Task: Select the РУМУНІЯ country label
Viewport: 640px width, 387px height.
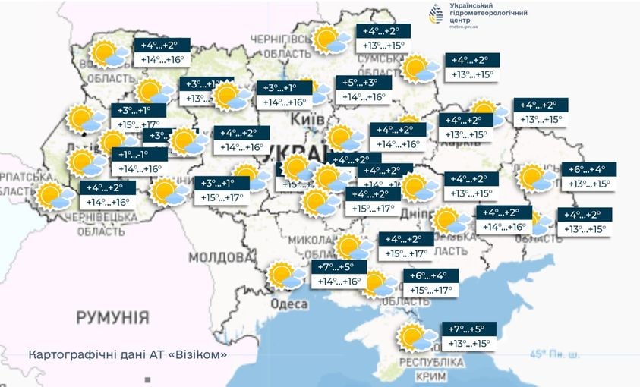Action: [x=112, y=316]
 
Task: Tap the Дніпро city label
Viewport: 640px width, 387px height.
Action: [x=415, y=214]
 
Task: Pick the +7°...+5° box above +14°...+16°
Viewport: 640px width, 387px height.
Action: [x=339, y=266]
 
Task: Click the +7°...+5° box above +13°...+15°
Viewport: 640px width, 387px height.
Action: [x=468, y=329]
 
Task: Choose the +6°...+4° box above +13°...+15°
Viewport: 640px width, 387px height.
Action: [x=588, y=169]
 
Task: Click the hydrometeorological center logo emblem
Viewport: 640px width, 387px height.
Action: [x=436, y=14]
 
